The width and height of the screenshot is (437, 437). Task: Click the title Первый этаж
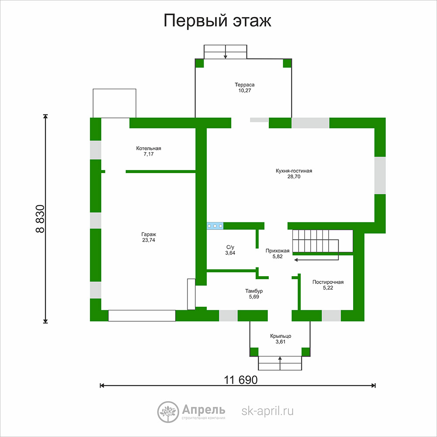[217, 21]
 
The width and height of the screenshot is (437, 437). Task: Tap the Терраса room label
[244, 85]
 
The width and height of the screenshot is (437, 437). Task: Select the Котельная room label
[149, 148]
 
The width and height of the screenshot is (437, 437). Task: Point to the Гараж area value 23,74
[149, 240]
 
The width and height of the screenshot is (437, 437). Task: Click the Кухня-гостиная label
[294, 171]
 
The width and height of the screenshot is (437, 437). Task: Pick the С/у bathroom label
[230, 247]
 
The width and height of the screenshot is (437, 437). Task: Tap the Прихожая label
[277, 251]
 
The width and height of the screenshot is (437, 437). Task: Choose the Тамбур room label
[254, 291]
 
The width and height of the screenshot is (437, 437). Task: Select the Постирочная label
[328, 282]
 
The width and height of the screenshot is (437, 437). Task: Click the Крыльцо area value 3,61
[281, 342]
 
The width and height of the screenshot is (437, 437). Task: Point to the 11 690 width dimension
[241, 380]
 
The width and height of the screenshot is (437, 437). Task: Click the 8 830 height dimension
[40, 219]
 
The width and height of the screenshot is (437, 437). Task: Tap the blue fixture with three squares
[215, 226]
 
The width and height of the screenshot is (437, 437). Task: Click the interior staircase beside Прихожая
[323, 241]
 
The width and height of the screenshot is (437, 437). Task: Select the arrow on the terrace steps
[225, 52]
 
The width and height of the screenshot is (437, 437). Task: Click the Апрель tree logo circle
[168, 412]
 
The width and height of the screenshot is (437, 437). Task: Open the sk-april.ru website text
[267, 411]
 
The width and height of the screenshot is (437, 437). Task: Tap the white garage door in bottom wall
[142, 316]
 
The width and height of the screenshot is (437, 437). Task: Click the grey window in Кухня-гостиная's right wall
[380, 175]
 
